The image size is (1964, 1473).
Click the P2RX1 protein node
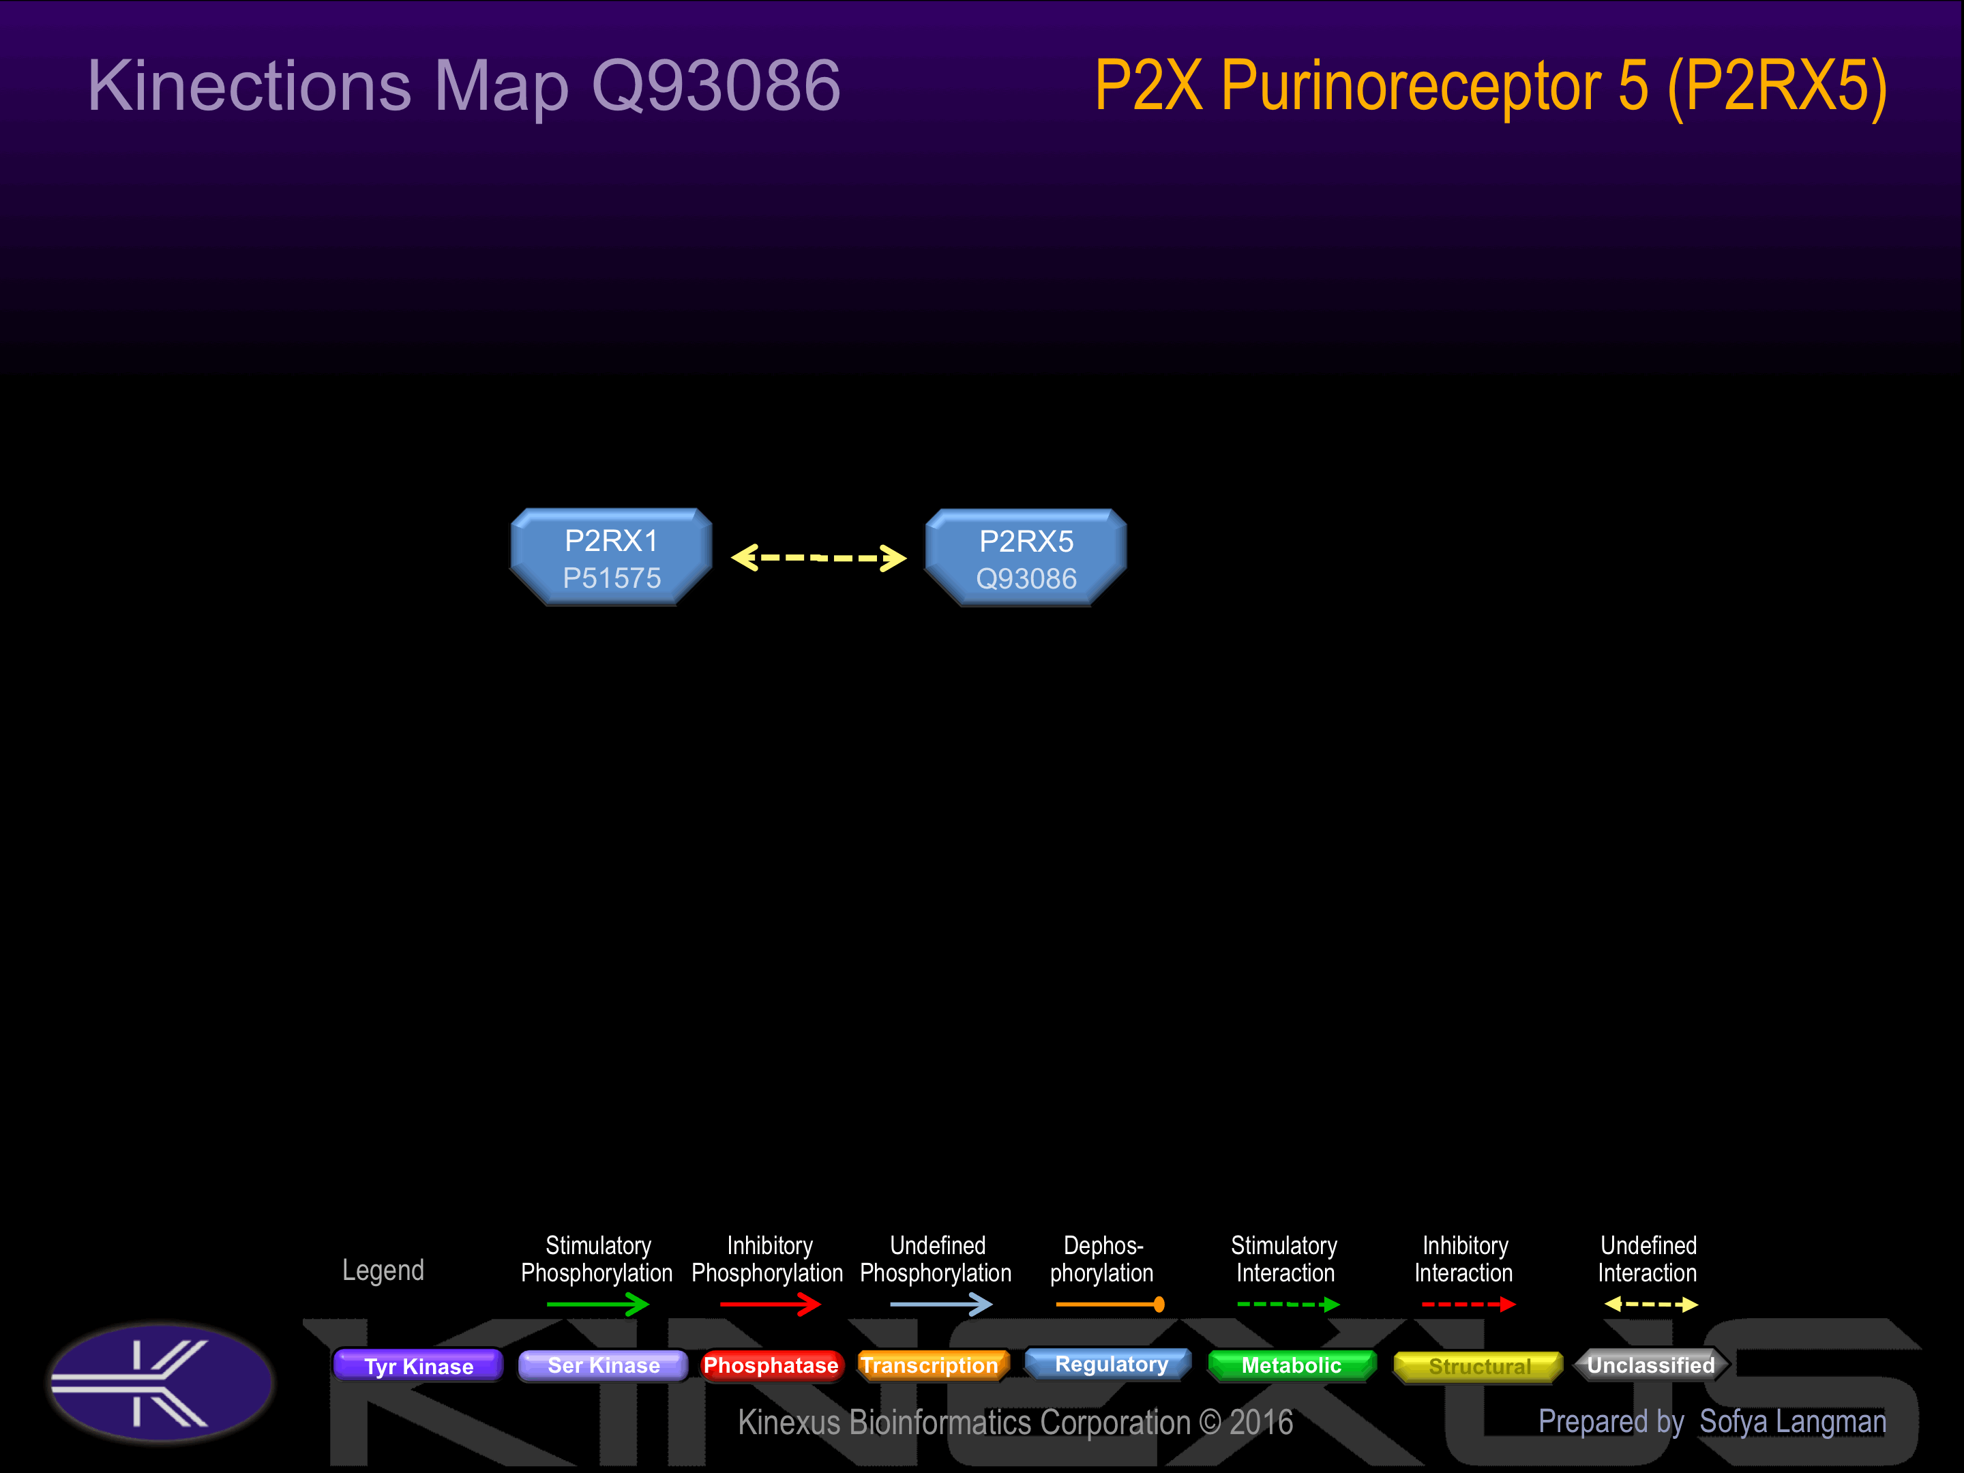[611, 558]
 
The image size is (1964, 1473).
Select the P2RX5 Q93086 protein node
[1026, 559]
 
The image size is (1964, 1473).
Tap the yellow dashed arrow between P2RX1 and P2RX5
[818, 558]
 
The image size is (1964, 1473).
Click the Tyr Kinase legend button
[418, 1365]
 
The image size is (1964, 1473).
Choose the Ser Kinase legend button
[603, 1365]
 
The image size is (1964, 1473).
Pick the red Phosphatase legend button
[771, 1365]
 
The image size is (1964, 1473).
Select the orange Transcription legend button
[929, 1365]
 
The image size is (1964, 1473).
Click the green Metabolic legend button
[1291, 1365]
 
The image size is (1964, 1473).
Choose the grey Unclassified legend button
[1650, 1365]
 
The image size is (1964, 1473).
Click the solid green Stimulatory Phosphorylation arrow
[597, 1305]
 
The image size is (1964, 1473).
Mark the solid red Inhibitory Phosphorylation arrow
[770, 1305]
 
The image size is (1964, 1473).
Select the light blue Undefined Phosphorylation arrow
[940, 1305]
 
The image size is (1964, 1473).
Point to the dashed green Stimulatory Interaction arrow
[1288, 1305]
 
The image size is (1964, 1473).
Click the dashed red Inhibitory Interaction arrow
[1468, 1305]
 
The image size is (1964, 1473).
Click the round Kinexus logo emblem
[161, 1382]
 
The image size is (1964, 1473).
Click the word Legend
[383, 1270]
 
